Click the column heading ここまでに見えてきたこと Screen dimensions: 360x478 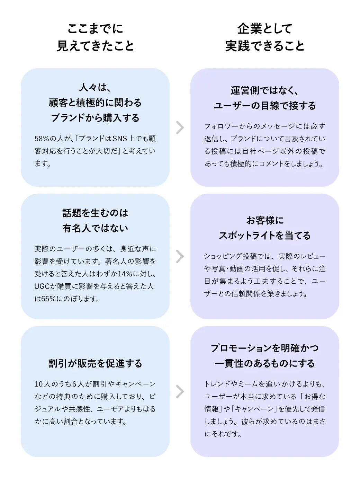coord(95,37)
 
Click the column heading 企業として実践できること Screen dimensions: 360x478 coord(264,37)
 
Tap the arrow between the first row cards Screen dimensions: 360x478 coord(180,127)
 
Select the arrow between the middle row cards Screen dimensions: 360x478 coord(180,256)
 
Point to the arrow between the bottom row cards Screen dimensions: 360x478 coord(180,391)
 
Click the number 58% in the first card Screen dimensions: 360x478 coord(42,139)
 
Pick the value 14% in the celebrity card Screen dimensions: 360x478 coord(125,274)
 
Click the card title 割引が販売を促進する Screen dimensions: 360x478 coord(95,363)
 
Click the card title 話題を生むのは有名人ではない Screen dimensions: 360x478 coord(95,220)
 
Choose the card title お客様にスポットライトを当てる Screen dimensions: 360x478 coord(264,228)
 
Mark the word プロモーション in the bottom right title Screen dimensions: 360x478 coord(240,348)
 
